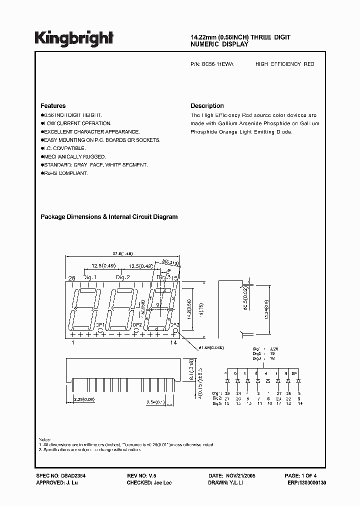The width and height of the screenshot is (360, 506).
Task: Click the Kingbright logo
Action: click(x=74, y=37)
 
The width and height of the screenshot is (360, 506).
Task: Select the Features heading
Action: click(x=53, y=106)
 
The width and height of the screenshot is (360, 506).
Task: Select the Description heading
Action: click(x=207, y=106)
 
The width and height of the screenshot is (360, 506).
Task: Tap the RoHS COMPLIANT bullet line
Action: click(x=64, y=173)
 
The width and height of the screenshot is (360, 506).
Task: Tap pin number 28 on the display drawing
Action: click(x=71, y=277)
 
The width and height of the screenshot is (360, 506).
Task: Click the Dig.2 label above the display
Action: click(x=123, y=277)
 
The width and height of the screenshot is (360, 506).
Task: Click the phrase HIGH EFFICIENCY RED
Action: click(x=284, y=64)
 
